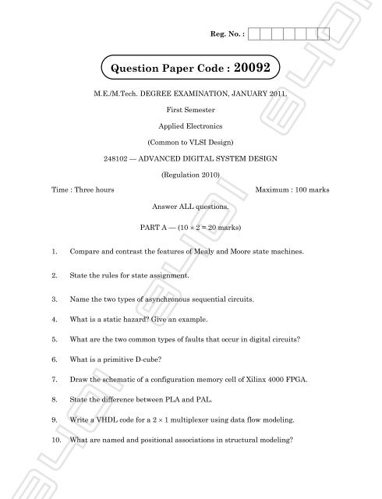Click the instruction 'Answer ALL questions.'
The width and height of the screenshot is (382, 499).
[x=190, y=208]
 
